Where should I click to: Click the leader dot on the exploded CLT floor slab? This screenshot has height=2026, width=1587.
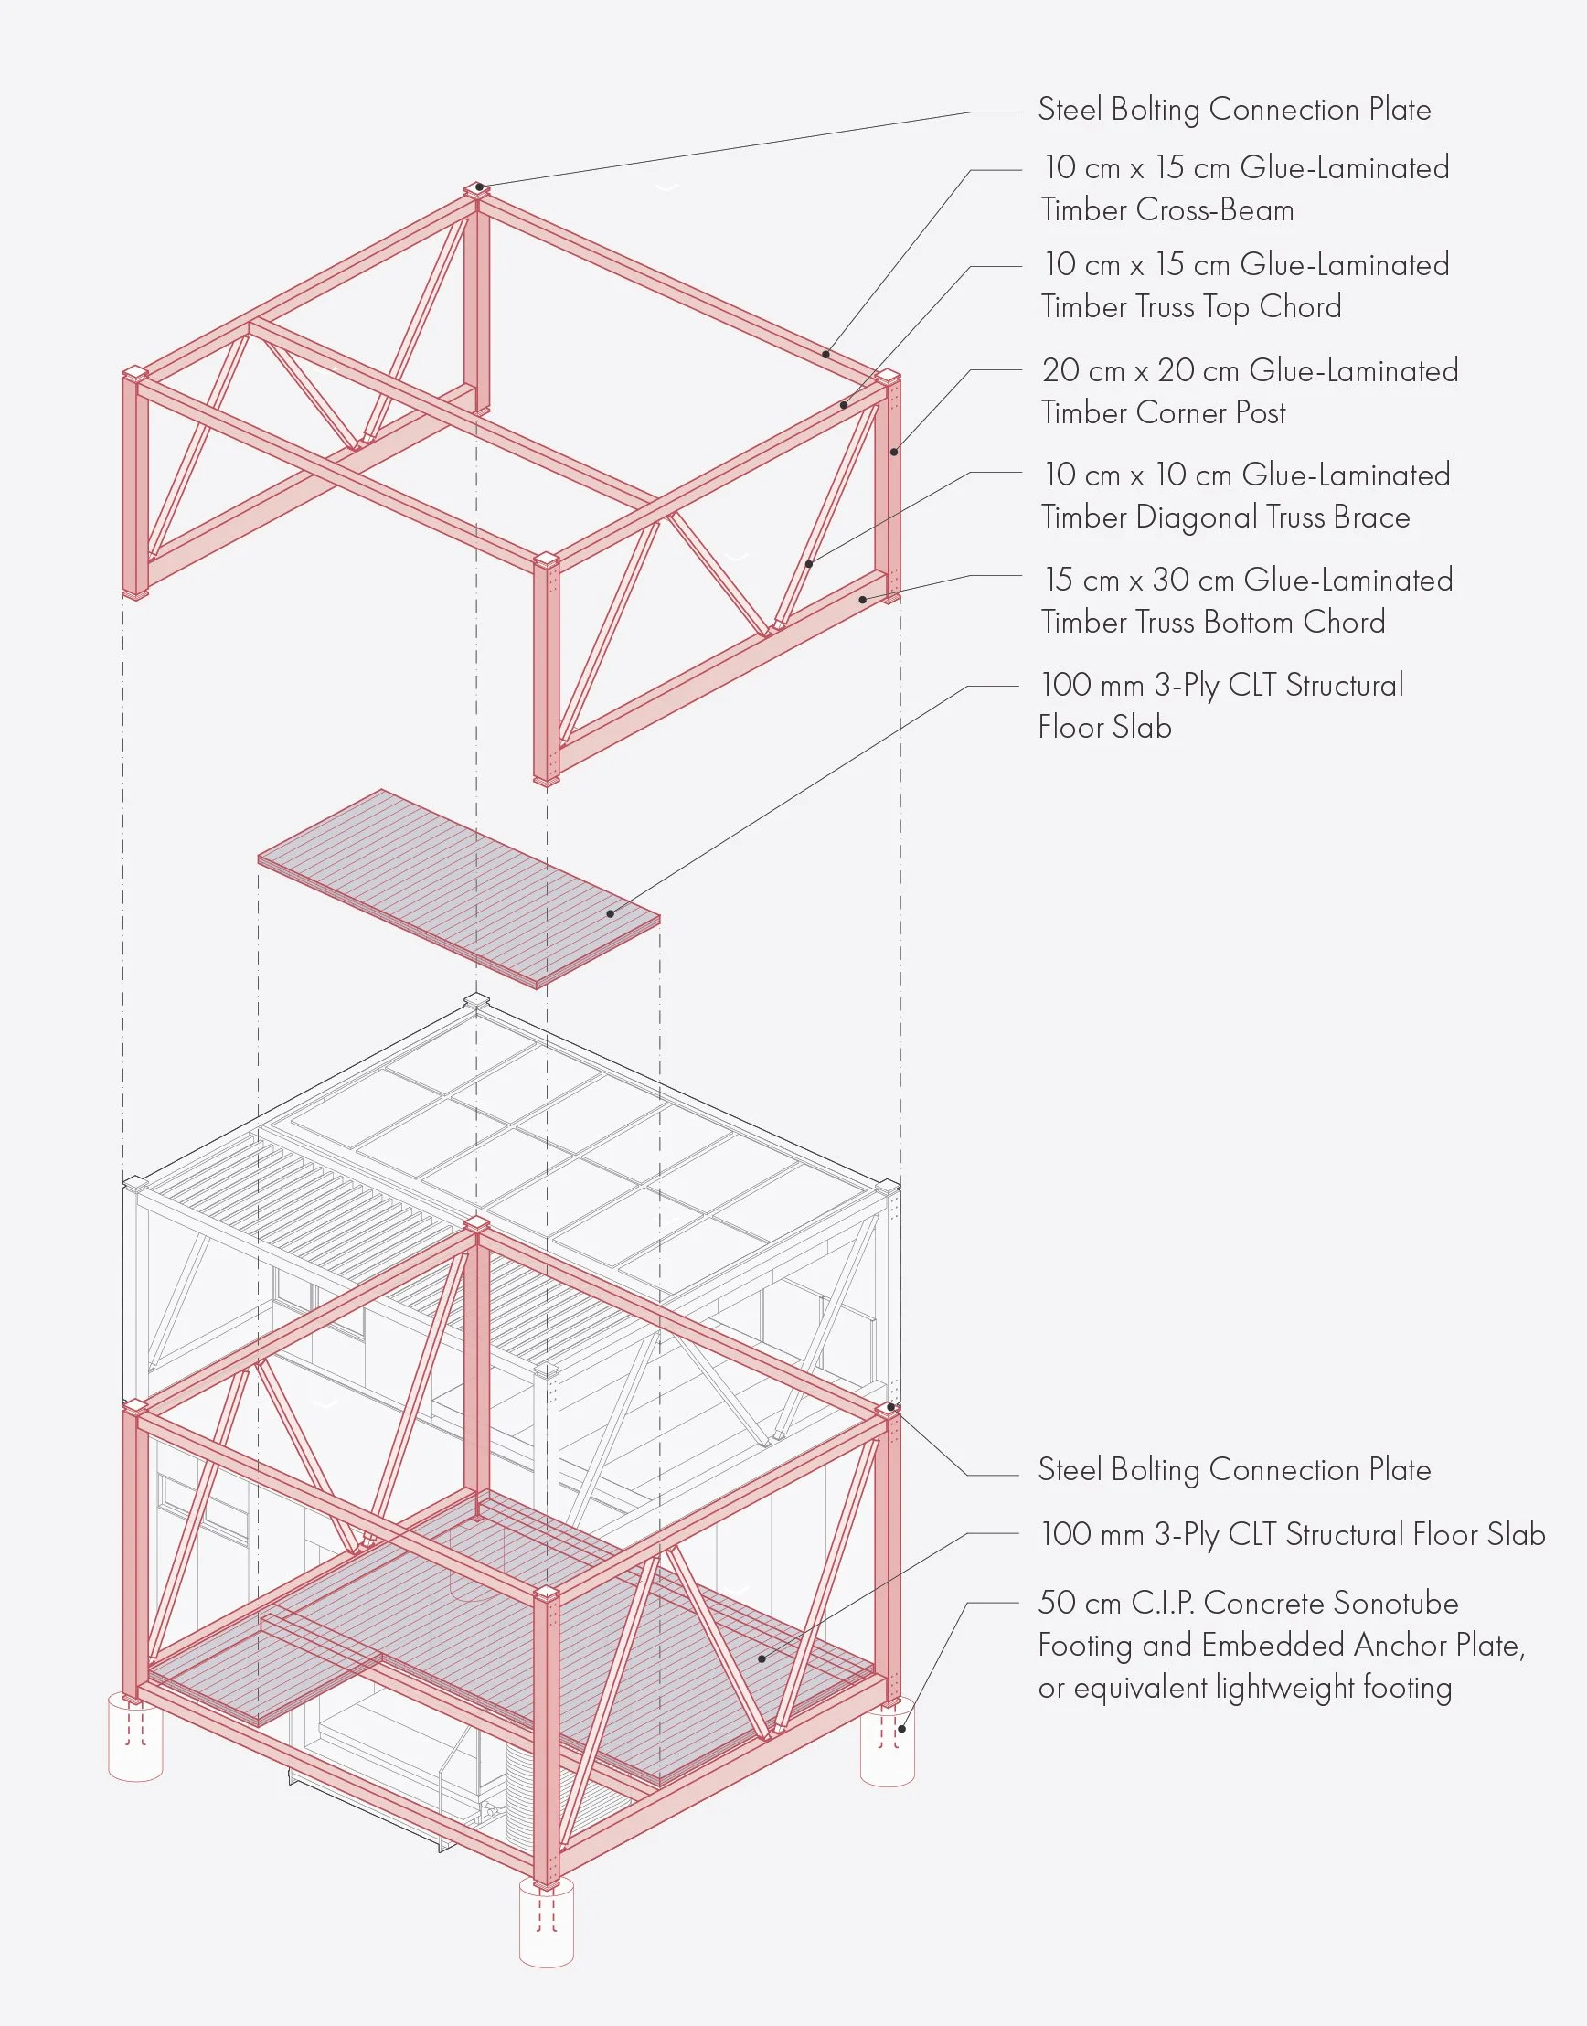point(611,913)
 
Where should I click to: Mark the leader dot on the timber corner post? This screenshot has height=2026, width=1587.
point(894,453)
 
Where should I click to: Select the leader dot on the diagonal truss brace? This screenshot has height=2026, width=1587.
point(809,563)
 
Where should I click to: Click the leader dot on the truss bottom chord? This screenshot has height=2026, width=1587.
point(862,600)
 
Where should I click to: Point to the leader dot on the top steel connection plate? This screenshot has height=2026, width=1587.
point(478,187)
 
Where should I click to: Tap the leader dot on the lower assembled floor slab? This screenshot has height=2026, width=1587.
point(762,1658)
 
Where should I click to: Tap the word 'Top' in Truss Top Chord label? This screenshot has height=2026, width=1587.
point(1227,306)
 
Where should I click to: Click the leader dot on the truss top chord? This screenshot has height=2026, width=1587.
point(844,404)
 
